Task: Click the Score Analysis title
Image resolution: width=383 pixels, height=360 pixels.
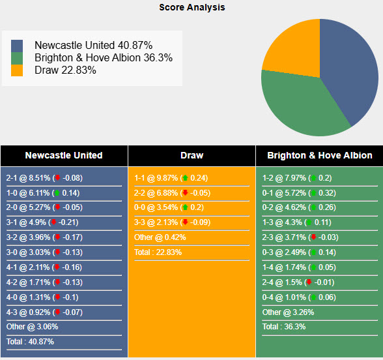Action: (192, 7)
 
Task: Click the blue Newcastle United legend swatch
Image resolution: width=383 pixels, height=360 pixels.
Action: (17, 46)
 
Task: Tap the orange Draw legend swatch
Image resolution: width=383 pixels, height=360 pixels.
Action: (17, 70)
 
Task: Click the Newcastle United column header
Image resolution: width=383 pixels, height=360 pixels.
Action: (64, 155)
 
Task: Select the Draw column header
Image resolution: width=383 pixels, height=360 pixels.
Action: (191, 155)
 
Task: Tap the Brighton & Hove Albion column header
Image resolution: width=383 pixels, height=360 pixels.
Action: (319, 155)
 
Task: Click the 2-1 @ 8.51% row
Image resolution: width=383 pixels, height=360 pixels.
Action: (44, 177)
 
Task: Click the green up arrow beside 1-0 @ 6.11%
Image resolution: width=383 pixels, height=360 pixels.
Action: (57, 193)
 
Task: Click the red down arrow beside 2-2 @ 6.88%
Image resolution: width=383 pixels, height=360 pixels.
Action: (185, 193)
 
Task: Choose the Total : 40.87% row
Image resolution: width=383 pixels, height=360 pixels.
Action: (31, 342)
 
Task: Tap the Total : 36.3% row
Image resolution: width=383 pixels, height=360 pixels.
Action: (284, 327)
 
